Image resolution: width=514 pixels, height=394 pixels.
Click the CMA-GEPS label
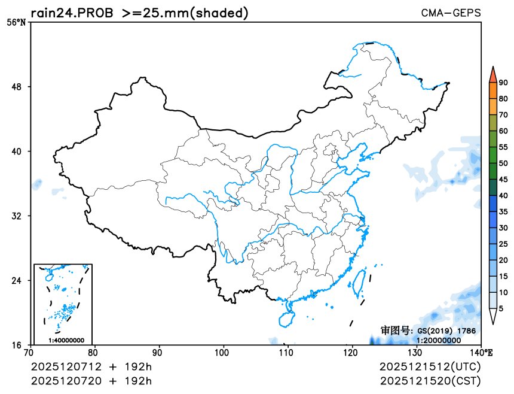(451, 13)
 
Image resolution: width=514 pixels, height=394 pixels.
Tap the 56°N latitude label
(17, 23)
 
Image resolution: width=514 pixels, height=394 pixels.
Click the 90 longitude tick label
(159, 353)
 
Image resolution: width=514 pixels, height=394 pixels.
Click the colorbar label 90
(503, 83)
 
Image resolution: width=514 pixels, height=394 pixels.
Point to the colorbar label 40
(503, 196)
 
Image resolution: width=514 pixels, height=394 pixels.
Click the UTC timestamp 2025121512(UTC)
(430, 366)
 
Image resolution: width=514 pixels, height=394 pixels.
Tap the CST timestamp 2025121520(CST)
(430, 380)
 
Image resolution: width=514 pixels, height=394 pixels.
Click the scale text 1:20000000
(438, 340)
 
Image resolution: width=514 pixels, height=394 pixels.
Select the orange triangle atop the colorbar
(492, 74)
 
